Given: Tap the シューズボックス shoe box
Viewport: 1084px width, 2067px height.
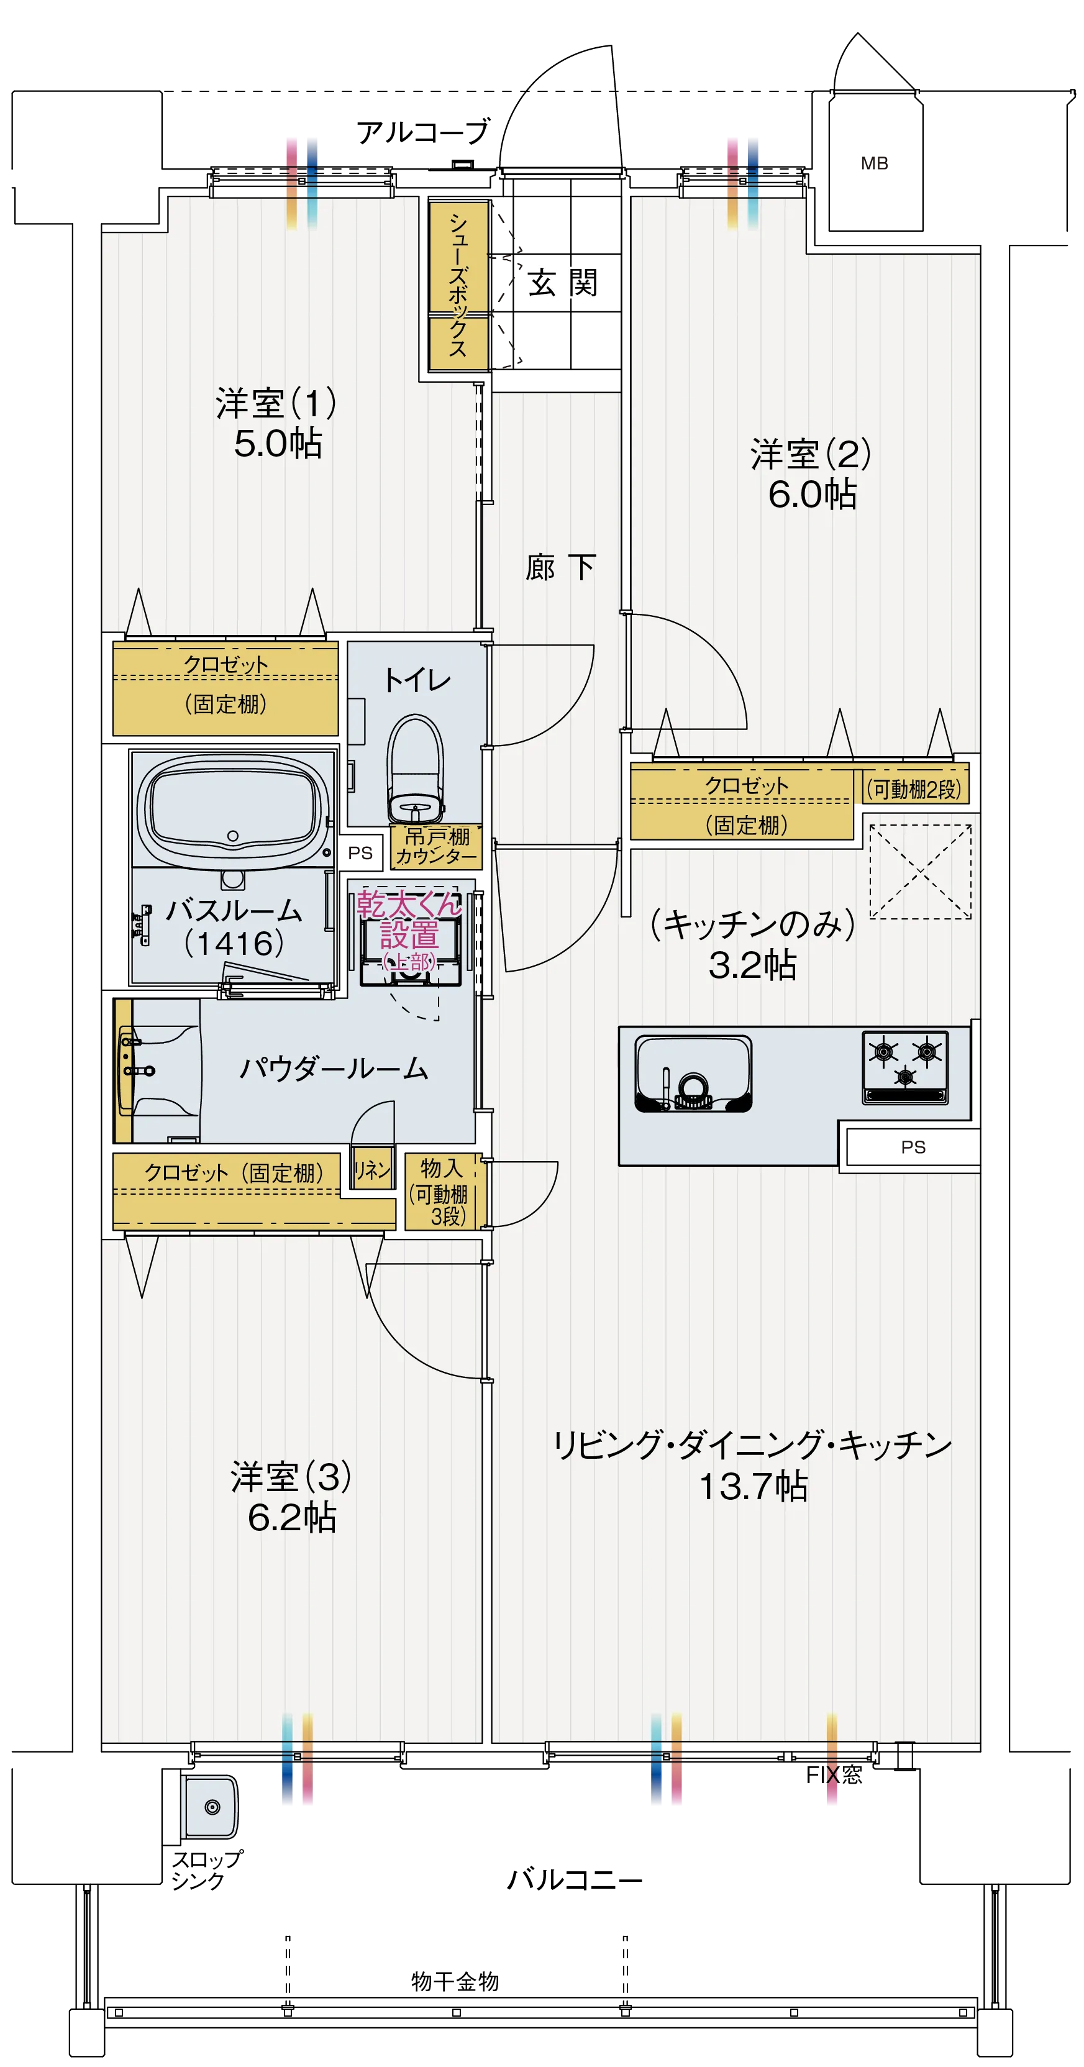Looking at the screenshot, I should (458, 286).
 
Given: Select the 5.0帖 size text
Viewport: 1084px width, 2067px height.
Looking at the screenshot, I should (278, 444).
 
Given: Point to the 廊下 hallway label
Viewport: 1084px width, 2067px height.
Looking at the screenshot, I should (560, 567).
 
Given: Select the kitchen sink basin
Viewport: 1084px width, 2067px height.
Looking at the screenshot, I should (693, 1073).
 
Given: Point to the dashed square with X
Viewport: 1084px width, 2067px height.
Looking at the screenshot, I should (921, 872).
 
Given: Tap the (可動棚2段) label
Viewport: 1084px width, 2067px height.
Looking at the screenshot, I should (913, 790).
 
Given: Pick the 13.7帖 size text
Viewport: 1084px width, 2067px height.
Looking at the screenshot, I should (753, 1486).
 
